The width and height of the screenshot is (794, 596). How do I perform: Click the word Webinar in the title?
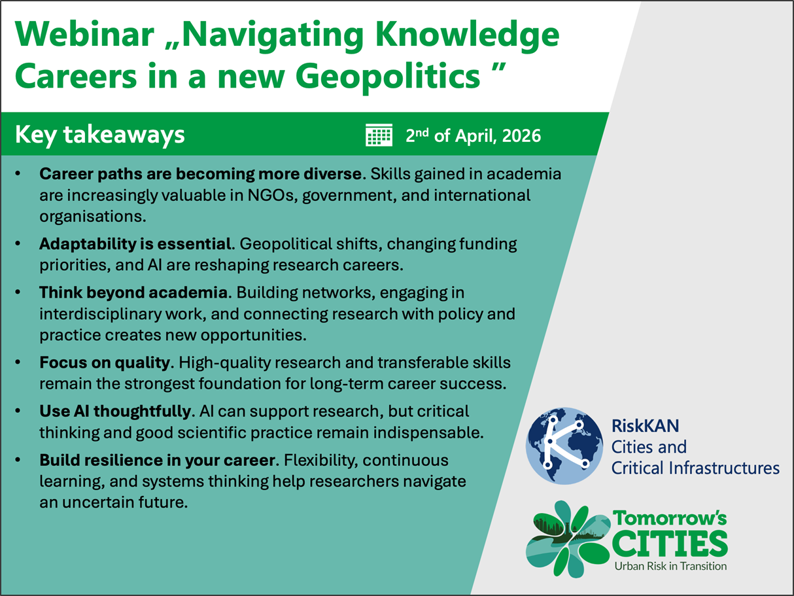tap(84, 35)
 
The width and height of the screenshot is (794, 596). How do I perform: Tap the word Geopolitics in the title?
tap(388, 77)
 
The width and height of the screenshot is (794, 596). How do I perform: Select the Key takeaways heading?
tap(100, 135)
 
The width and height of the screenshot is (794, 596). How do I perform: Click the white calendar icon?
tap(379, 135)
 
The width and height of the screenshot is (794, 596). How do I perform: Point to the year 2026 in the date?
tap(521, 136)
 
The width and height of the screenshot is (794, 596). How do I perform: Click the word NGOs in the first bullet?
tap(271, 196)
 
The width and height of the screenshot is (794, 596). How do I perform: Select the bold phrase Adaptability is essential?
tap(135, 244)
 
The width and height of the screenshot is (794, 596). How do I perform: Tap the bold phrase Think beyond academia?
tap(133, 292)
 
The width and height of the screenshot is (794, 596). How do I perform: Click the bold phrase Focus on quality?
tap(105, 362)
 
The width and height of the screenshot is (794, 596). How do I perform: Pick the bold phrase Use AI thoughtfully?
tap(115, 412)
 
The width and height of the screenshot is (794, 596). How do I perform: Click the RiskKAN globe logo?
tap(564, 446)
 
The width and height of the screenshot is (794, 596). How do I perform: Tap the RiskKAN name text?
tap(646, 426)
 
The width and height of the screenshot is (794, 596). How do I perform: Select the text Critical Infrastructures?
tap(695, 468)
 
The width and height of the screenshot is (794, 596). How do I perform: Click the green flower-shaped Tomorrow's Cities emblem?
tap(568, 539)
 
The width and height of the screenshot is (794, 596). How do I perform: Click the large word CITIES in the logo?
tap(670, 544)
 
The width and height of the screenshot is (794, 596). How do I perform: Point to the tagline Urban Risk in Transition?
tap(670, 567)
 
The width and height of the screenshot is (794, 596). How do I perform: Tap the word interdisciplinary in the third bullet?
tap(100, 315)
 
